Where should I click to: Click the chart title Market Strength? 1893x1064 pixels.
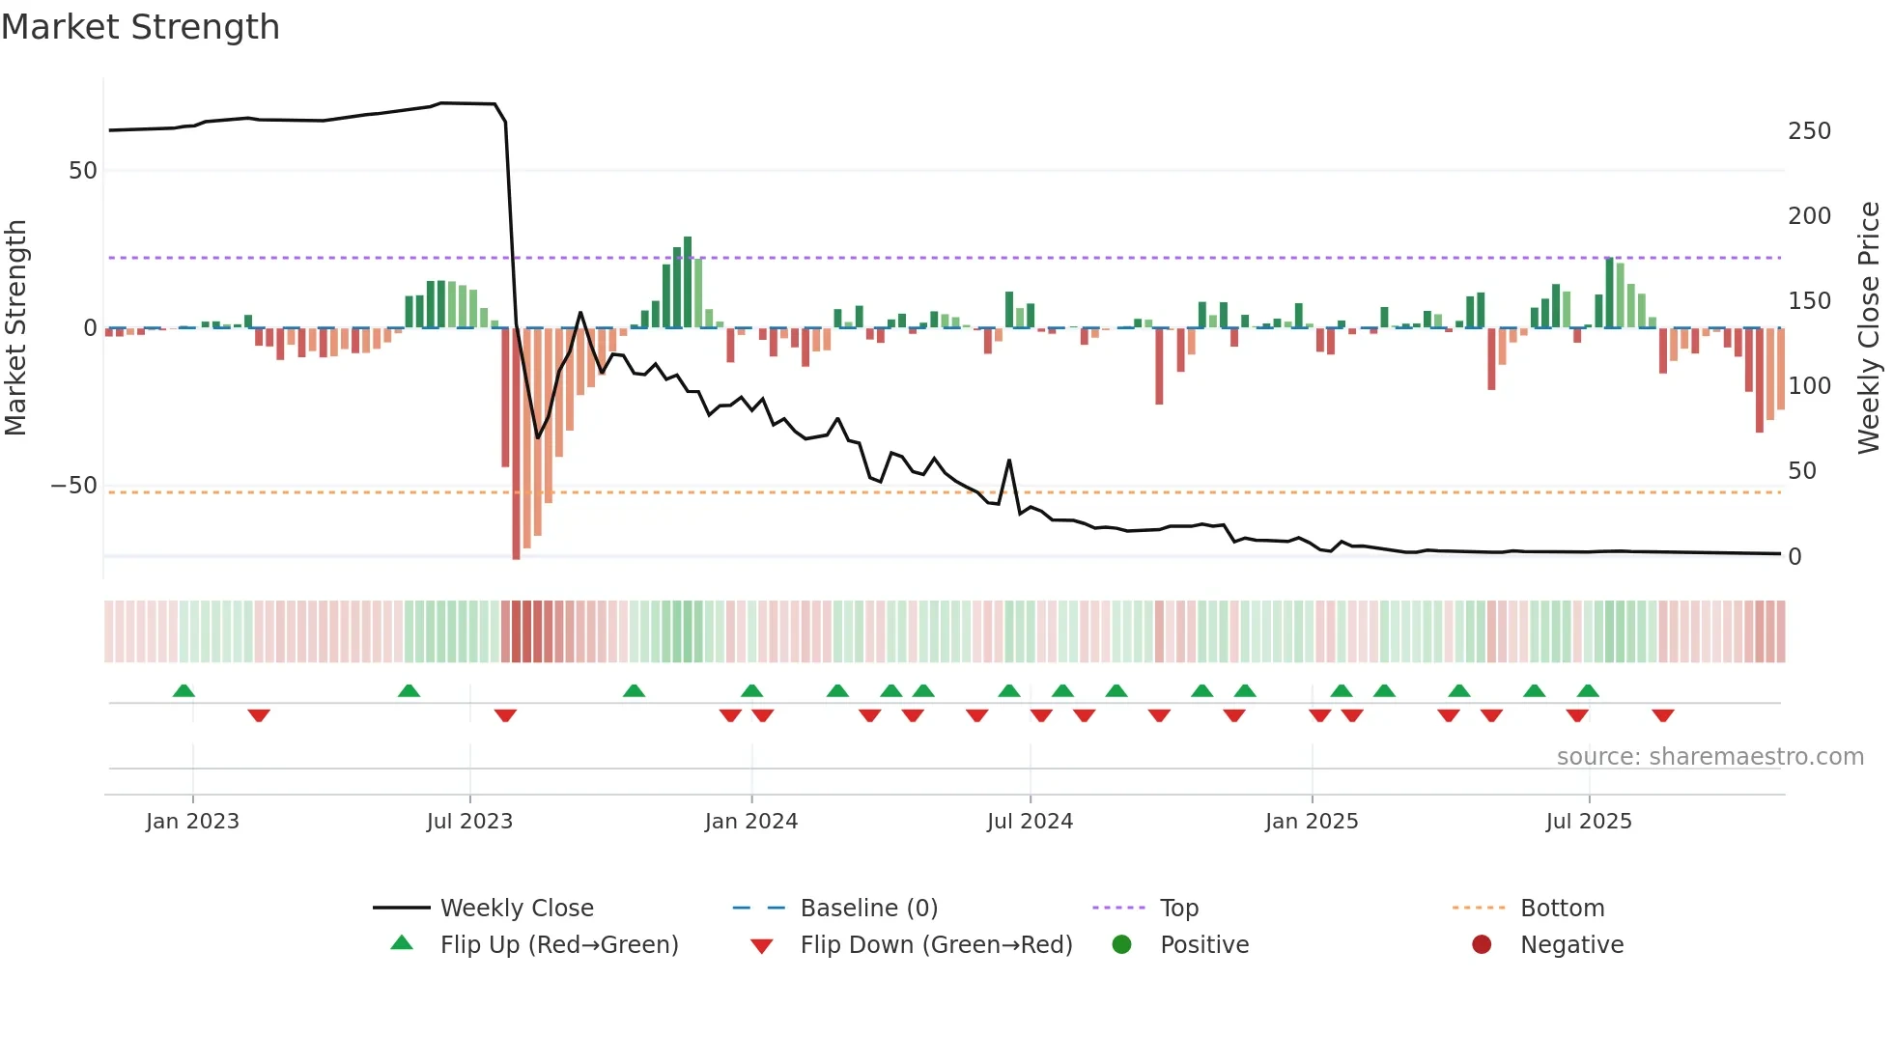140,27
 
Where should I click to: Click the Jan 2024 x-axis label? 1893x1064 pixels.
750,822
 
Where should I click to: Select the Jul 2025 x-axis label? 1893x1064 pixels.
1588,822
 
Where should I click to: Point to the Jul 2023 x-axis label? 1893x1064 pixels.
469,822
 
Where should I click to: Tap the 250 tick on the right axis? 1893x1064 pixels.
1808,131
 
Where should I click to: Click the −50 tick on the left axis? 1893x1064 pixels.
74,486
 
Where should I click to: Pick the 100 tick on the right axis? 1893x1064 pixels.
1808,386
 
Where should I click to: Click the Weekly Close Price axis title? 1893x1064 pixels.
1869,328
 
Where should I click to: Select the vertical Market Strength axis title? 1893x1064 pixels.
15,328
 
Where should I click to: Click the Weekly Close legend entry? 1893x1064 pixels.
516,909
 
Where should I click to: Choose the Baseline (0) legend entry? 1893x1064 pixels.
868,909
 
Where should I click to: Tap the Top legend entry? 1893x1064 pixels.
1178,909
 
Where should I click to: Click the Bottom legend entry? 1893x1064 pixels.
1562,909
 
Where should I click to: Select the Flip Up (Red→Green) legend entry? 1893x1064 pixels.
558,945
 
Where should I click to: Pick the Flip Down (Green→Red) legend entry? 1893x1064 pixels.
935,945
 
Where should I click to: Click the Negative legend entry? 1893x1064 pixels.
1571,945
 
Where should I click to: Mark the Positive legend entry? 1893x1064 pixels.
1203,945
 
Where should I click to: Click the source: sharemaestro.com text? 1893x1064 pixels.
1709,757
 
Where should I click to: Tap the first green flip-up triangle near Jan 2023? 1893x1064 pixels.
184,690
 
